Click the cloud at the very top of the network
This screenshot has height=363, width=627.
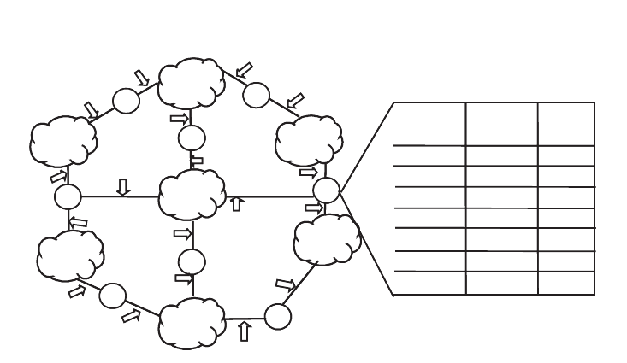[192, 82]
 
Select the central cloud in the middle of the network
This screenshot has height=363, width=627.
[192, 196]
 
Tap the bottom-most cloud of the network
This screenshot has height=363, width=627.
[192, 322]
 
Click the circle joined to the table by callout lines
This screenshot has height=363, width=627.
[326, 190]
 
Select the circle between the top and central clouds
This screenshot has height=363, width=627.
[192, 137]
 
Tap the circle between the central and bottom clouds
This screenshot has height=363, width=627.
[192, 261]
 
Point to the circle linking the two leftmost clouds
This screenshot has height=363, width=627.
[68, 196]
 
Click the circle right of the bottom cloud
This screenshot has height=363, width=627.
[277, 316]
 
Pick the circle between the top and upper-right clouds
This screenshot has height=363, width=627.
[256, 94]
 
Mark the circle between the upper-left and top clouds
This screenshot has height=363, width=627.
[126, 101]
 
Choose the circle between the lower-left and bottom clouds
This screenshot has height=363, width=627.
[112, 296]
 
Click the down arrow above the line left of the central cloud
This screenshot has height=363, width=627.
[123, 186]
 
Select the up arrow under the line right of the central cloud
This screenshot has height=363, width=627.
[236, 202]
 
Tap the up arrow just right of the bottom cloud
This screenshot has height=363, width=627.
[245, 331]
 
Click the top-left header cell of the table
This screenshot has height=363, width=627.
[429, 124]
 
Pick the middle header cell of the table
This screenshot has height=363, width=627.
[501, 124]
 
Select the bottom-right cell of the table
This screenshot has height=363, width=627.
[565, 283]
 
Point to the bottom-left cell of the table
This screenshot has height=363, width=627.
[429, 283]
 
